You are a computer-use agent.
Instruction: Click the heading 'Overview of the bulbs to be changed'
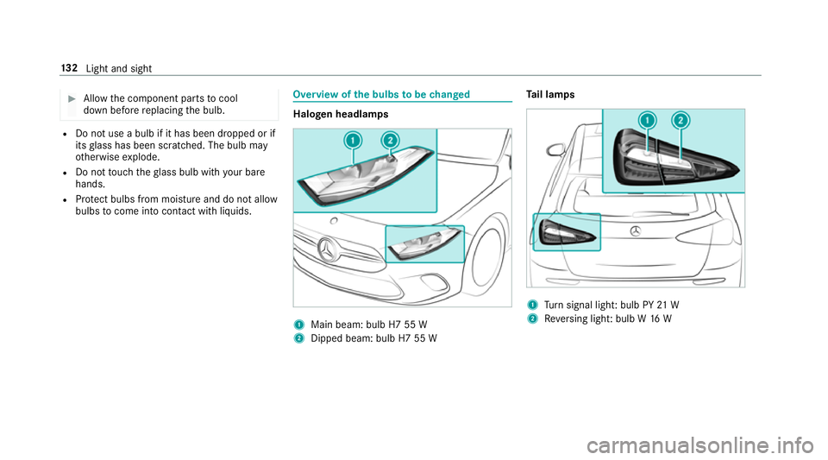381,94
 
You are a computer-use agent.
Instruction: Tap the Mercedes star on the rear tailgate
636,230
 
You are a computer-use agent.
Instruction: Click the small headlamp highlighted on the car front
423,243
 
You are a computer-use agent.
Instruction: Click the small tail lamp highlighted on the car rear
565,231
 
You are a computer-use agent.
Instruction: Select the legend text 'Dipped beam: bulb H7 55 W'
376,337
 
